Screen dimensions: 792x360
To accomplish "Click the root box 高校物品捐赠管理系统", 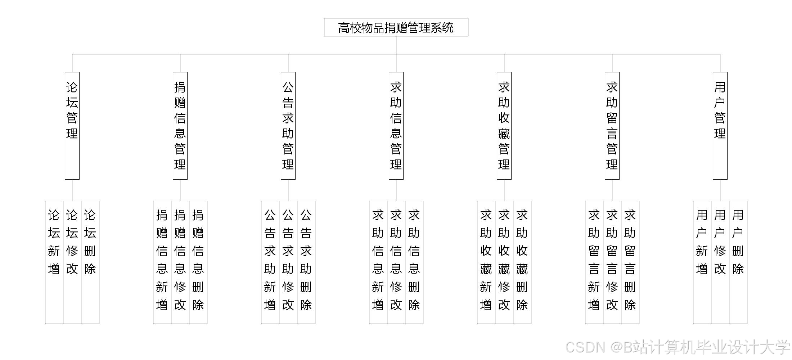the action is (396, 27).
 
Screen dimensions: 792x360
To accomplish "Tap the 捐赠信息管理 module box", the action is (180, 126).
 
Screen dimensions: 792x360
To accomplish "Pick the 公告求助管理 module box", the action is (288, 126).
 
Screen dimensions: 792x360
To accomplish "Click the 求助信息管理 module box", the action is (396, 126).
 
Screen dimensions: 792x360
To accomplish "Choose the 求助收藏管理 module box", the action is (504, 126).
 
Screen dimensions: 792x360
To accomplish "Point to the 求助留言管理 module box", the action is (612, 126).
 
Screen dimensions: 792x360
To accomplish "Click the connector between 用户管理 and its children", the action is (720, 190).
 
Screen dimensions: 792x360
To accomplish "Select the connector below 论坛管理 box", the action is (72, 190).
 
